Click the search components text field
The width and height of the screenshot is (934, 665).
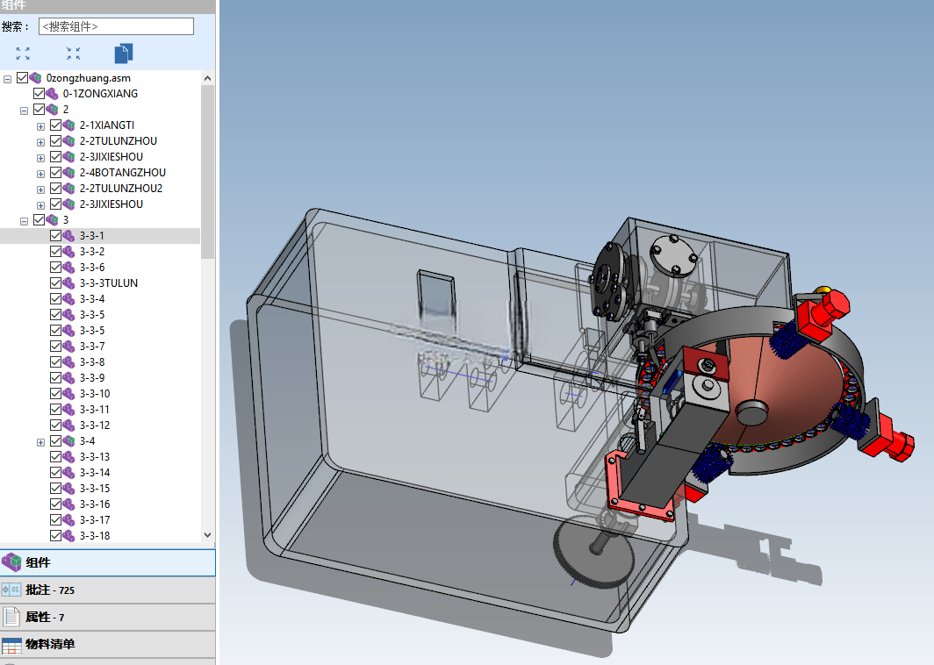pyautogui.click(x=116, y=26)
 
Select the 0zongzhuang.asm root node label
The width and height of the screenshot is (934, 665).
pyautogui.click(x=88, y=78)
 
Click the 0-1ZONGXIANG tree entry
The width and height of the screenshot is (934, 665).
pyautogui.click(x=100, y=94)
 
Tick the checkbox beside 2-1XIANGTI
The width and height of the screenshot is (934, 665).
pyautogui.click(x=56, y=125)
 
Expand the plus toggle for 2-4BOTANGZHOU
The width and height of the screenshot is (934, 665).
pyautogui.click(x=40, y=174)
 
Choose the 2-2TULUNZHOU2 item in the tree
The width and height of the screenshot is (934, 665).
pyautogui.click(x=121, y=188)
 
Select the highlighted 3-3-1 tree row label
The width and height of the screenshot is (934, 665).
pyautogui.click(x=91, y=236)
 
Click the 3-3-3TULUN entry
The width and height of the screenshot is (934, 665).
pyautogui.click(x=109, y=282)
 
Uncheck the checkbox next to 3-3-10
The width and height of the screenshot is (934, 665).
pyautogui.click(x=56, y=394)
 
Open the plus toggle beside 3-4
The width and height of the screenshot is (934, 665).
pyautogui.click(x=40, y=442)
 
